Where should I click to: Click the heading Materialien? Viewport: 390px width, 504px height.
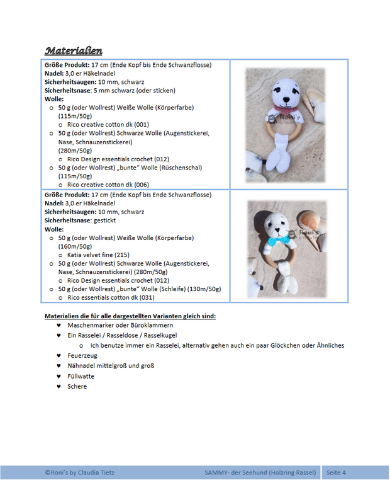(x=74, y=50)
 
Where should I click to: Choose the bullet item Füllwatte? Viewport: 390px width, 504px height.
(x=81, y=376)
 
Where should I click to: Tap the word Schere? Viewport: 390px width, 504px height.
(x=77, y=386)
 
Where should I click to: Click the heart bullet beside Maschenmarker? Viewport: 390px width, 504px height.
(x=58, y=325)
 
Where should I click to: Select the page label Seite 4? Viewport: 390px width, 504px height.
(x=336, y=472)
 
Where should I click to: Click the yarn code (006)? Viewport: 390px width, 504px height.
(x=142, y=185)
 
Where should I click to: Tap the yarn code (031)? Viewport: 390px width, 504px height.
(x=146, y=297)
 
